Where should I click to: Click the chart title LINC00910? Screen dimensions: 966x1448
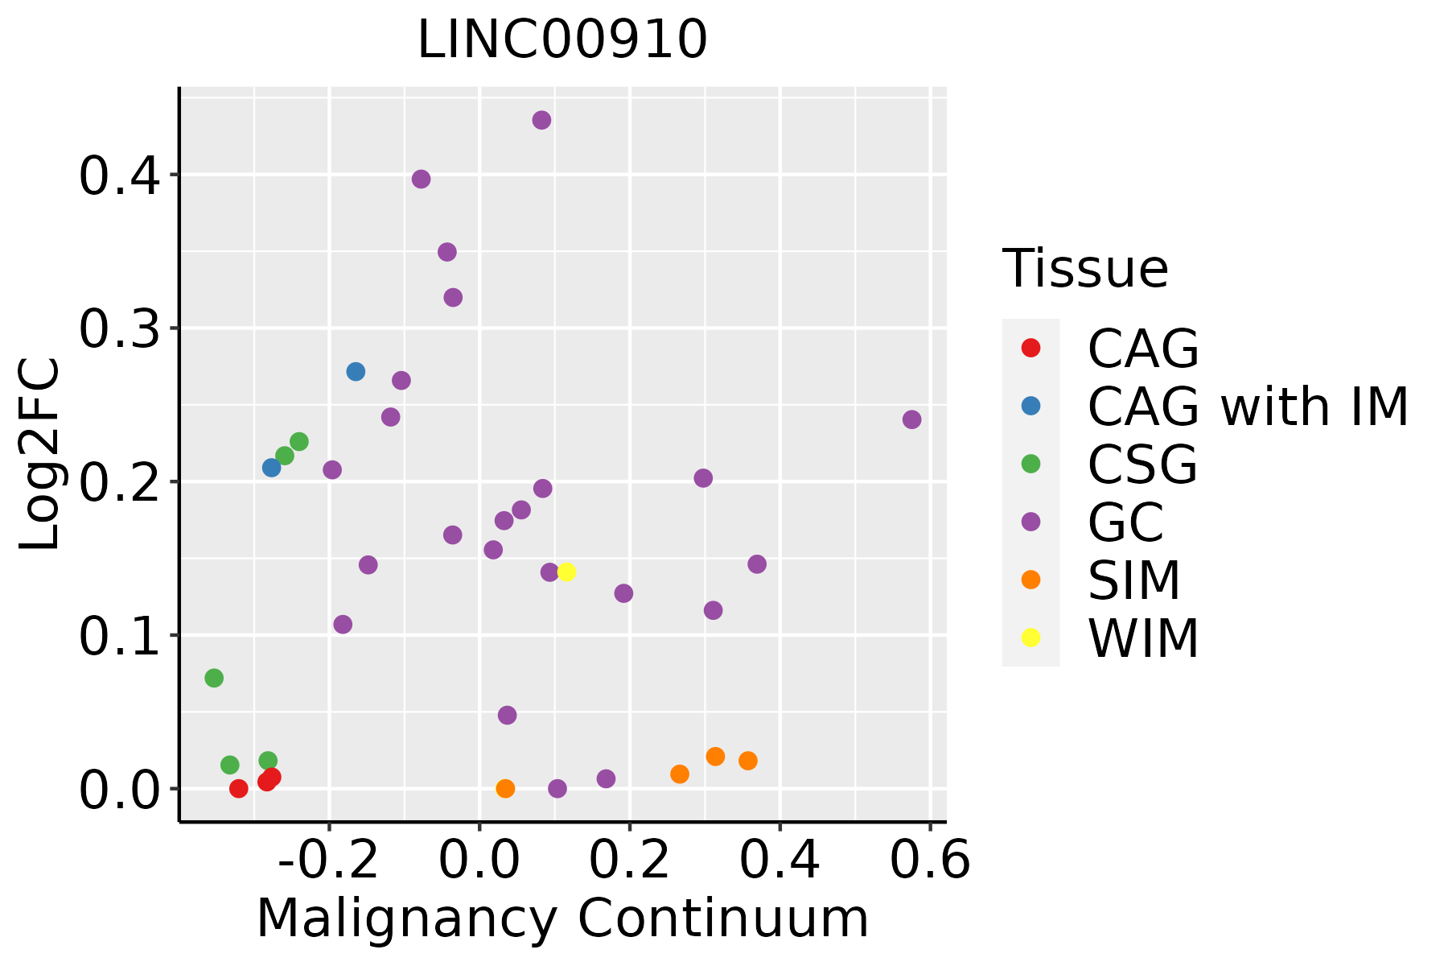pos(562,40)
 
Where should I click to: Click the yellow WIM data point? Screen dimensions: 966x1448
pos(566,572)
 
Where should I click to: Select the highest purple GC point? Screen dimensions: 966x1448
pos(541,120)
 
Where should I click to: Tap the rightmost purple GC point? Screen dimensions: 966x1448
pos(911,419)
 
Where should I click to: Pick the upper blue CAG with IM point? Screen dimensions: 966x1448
pos(356,372)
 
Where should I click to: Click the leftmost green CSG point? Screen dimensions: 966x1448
pos(214,678)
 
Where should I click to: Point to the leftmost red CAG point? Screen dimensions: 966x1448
pos(238,788)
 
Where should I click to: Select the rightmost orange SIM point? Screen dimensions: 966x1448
pos(748,761)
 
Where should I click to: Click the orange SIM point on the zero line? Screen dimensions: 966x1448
pos(505,788)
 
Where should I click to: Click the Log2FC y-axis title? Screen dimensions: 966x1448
pos(40,455)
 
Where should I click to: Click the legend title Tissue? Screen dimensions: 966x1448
pos(1085,269)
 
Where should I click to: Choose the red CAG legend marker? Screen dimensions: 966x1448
pos(1030,348)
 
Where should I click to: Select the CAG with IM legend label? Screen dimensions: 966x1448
pos(1248,407)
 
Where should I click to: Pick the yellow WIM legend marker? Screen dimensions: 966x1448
pos(1030,638)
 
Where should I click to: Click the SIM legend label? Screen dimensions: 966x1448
pos(1133,580)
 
